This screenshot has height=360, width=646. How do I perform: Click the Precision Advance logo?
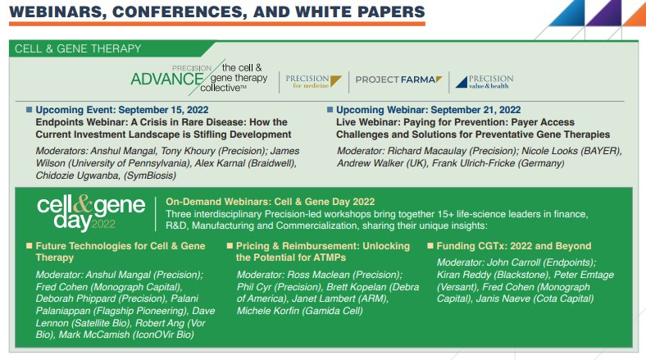click(x=199, y=77)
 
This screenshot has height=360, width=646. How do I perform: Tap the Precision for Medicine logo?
click(x=313, y=81)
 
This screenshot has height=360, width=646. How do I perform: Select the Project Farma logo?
click(x=398, y=80)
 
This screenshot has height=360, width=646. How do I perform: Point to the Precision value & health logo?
click(x=484, y=81)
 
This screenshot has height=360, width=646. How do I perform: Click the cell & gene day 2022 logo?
click(x=91, y=212)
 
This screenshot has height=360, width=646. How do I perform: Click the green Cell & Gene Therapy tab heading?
click(x=78, y=48)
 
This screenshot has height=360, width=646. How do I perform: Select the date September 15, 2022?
click(x=163, y=110)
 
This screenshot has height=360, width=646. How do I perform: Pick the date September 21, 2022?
click(x=475, y=110)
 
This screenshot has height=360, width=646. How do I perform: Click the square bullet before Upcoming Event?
click(x=29, y=110)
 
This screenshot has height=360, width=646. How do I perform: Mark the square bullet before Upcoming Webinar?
click(x=330, y=110)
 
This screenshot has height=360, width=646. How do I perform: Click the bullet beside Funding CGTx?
click(x=430, y=246)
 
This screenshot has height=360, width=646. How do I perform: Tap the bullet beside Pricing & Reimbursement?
click(x=230, y=246)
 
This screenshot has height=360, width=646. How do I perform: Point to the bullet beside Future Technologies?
click(x=30, y=246)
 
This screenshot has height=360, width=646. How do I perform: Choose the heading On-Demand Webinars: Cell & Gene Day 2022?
click(x=271, y=202)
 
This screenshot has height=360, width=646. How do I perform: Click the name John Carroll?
click(x=513, y=262)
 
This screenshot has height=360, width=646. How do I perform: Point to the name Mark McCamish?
click(x=94, y=335)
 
